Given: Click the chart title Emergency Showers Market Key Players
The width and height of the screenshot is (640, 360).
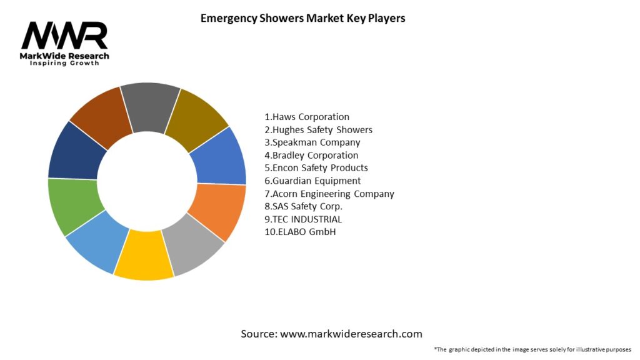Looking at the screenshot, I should coord(302,18).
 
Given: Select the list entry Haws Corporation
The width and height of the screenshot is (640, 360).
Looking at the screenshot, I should coord(307,117).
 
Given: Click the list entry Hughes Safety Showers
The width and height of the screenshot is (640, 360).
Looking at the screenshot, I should coord(318,130).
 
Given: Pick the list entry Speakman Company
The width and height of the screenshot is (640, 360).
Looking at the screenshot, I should coord(312,142).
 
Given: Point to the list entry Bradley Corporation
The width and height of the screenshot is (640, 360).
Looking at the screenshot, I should coord(311,155).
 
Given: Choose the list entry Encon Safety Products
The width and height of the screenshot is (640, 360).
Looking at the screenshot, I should coord(316,167).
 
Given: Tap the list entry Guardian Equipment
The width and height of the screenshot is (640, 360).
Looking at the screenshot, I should coord(312,181).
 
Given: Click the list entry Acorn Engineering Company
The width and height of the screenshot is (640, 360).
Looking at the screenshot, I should coord(329,194).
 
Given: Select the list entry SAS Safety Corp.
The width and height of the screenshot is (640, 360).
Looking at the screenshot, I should coord(304,206).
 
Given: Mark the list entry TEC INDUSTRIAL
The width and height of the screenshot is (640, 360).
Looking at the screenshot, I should coord(303,219).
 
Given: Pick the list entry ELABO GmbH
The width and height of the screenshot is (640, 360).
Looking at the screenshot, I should coord(296,232).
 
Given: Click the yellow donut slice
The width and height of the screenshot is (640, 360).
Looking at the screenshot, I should coord(143,256).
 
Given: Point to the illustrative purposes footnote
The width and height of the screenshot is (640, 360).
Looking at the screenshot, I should coord(532,349).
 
